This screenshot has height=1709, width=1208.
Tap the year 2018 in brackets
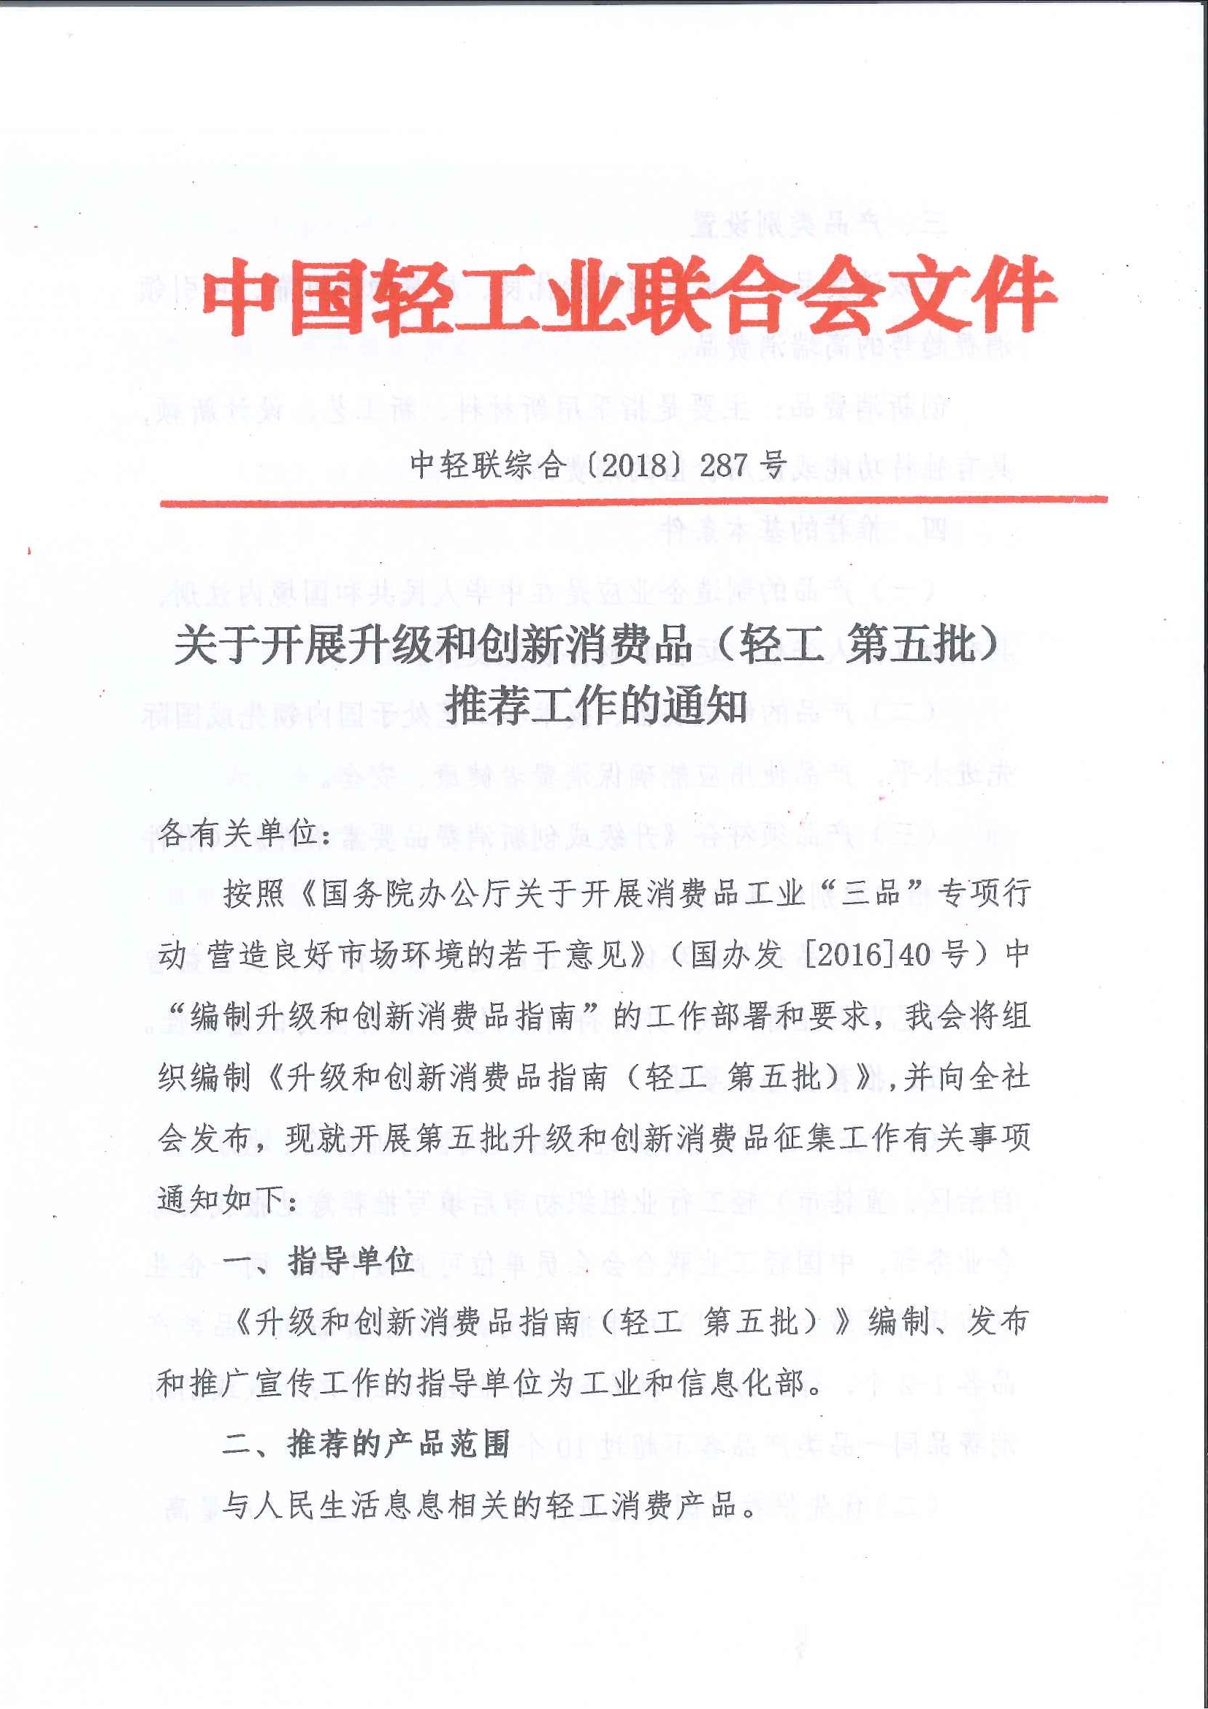(633, 465)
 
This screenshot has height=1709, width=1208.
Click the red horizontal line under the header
(632, 501)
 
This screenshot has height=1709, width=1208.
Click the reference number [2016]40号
(881, 955)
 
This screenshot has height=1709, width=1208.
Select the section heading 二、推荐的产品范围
(365, 1445)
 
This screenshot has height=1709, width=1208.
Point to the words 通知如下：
(228, 1199)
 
